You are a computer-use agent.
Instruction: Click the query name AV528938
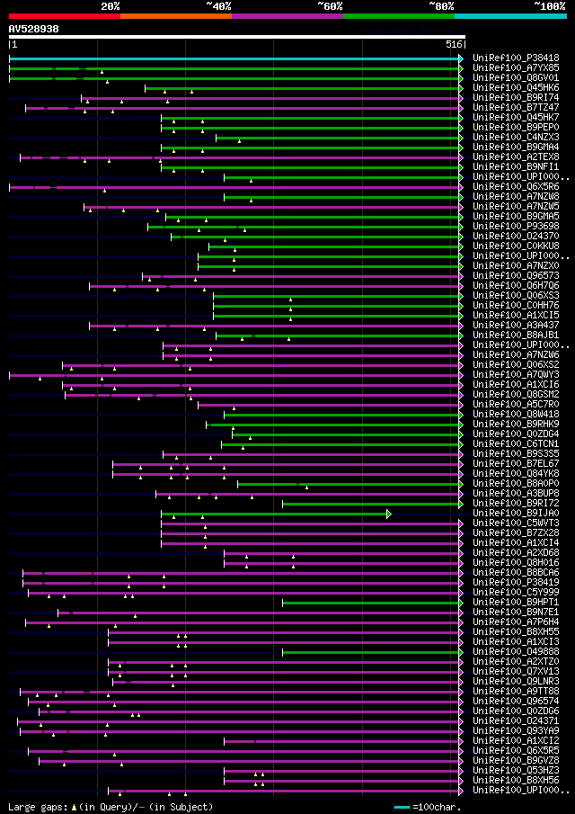pos(34,29)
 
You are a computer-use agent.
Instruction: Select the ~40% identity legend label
pos(218,5)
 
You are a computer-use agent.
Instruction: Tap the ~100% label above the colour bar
pos(549,5)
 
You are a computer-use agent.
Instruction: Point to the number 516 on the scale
pos(454,44)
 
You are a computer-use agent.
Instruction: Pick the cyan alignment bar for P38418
pos(234,58)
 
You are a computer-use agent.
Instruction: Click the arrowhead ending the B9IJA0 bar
pos(389,514)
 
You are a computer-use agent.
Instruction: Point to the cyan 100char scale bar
pos(402,807)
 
